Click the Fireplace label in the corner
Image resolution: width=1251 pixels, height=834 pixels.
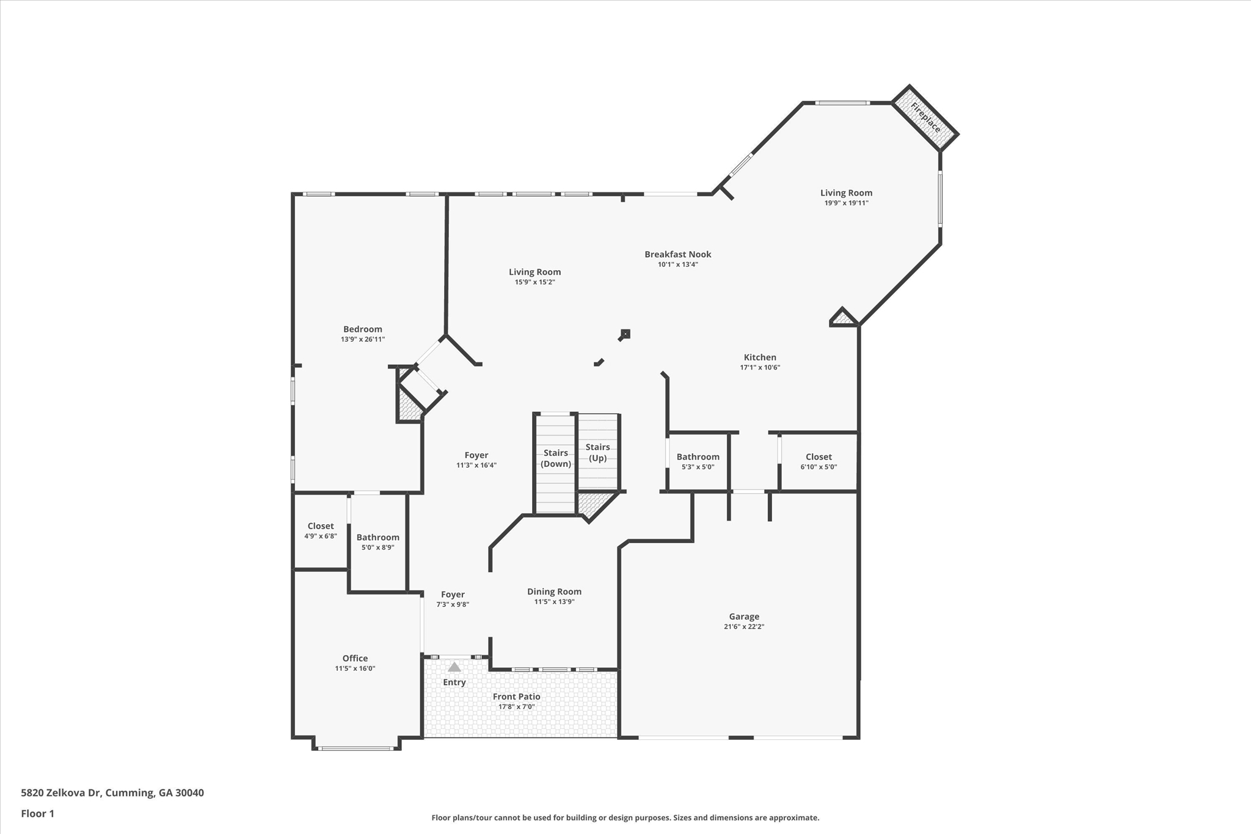click(925, 118)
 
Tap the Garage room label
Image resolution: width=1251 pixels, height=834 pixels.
click(743, 616)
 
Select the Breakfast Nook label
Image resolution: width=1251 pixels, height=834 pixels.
click(677, 254)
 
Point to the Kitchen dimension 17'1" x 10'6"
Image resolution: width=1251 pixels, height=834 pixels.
click(760, 368)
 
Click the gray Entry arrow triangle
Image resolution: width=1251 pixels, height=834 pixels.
click(454, 667)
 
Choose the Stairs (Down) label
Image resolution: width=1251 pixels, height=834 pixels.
click(555, 458)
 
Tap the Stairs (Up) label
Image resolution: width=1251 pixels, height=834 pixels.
click(597, 452)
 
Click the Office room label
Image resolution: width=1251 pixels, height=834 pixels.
click(355, 658)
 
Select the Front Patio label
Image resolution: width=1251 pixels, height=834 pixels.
click(516, 697)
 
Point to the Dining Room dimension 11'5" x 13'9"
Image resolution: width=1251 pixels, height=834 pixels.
click(554, 602)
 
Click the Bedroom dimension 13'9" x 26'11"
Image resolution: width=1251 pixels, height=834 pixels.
click(363, 339)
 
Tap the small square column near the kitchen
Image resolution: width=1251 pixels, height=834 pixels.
click(625, 334)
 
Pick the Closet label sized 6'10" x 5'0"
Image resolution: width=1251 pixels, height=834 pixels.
click(819, 457)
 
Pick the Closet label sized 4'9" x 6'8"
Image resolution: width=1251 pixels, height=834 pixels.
click(320, 526)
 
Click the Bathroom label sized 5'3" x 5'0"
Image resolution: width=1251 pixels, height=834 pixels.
click(698, 457)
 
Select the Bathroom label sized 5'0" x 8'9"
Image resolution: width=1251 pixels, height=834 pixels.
click(377, 538)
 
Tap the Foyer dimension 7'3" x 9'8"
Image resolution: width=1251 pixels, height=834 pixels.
click(453, 605)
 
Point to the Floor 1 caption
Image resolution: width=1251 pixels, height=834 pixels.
click(38, 814)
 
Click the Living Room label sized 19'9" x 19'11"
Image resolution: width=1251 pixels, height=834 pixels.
click(846, 193)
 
